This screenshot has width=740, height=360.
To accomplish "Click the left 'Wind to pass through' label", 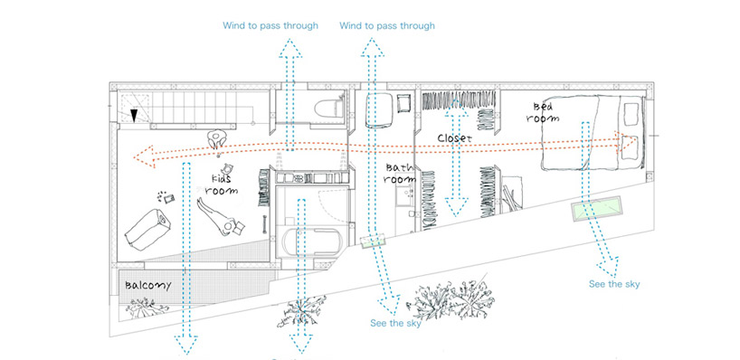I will [x=270, y=25].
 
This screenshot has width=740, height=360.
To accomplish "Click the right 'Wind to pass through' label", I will [x=387, y=25].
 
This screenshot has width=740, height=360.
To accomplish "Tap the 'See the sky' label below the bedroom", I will [x=614, y=284].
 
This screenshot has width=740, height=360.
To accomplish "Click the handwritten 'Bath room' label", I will [x=399, y=174].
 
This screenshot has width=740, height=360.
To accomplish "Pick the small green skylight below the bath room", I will [x=372, y=242].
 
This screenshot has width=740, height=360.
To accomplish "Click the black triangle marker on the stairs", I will [x=135, y=115].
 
